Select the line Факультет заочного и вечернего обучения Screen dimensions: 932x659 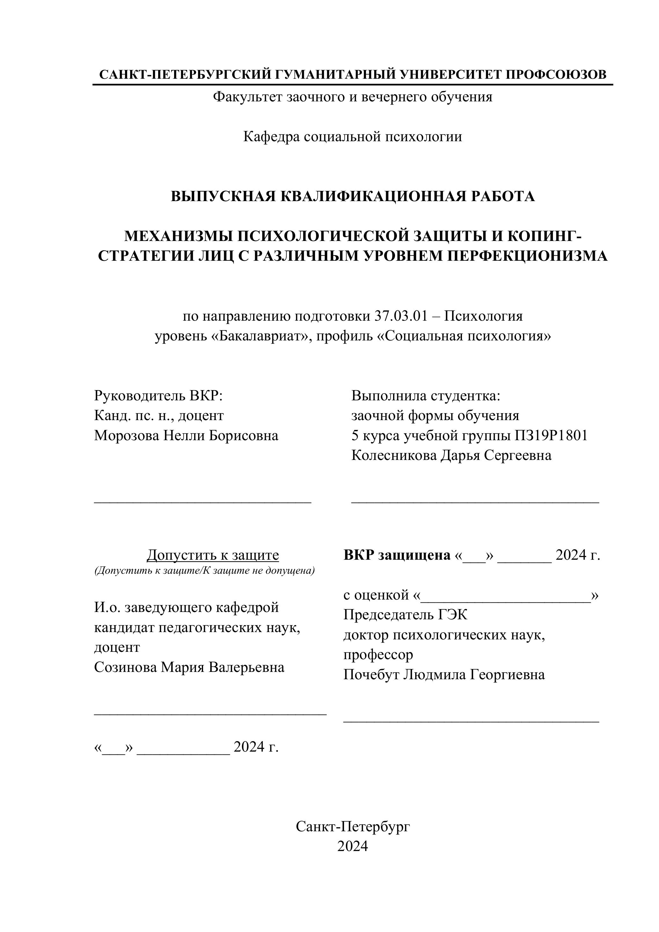click(352, 97)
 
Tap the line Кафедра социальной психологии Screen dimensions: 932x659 click(352, 136)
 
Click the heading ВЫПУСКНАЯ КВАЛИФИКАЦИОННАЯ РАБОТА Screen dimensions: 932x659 click(352, 196)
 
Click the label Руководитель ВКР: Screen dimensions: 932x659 click(158, 395)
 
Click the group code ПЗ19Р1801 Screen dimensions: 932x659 click(551, 435)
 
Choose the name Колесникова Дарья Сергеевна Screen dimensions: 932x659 click(451, 455)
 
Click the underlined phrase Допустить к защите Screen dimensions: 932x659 click(213, 555)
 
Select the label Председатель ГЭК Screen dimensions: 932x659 click(405, 615)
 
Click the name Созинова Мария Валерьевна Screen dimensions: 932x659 click(189, 666)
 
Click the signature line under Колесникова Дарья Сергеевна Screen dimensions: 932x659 click(475, 503)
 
